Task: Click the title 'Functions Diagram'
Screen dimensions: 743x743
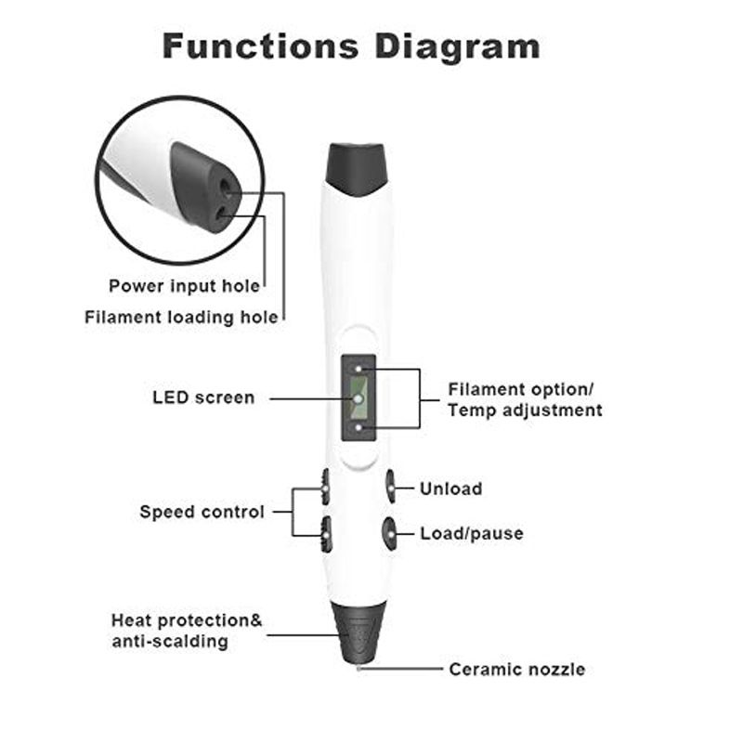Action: tap(351, 45)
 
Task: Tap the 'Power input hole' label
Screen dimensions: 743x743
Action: tap(185, 285)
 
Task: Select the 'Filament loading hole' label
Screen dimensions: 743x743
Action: tap(181, 317)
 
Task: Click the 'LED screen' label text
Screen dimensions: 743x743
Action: tap(202, 398)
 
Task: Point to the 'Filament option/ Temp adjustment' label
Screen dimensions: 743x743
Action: tap(526, 399)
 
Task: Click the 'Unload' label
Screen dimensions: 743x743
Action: tap(450, 489)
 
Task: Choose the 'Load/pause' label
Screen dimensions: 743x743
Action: tap(471, 533)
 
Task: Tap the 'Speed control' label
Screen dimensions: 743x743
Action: tap(202, 512)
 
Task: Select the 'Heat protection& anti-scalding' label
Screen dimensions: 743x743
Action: tap(187, 630)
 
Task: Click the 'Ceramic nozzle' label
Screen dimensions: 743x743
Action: tap(517, 669)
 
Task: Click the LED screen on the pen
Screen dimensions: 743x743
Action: tap(358, 398)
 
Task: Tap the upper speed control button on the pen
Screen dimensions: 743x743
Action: tap(325, 483)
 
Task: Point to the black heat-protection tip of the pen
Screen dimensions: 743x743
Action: tap(358, 627)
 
